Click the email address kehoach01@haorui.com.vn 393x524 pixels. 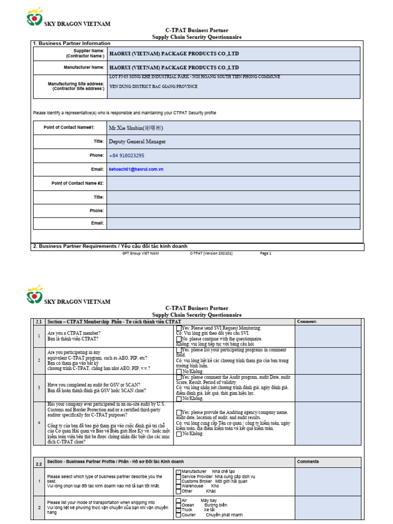point(136,169)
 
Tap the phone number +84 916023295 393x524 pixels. point(126,155)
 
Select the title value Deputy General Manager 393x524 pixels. point(137,141)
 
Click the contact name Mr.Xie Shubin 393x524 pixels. point(136,127)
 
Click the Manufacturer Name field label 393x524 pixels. point(84,67)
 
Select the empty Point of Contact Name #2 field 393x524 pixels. point(233,183)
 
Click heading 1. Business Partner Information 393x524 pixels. point(72,43)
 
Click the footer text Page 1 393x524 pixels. point(266,253)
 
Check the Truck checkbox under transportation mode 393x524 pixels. point(178,510)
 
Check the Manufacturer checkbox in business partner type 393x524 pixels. point(178,471)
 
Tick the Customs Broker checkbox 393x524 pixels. point(178,482)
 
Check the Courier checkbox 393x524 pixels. point(178,515)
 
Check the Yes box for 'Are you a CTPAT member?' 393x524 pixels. point(178,328)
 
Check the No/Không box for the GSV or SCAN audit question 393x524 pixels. point(178,399)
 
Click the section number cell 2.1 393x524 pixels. point(38,321)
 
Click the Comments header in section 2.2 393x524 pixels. point(308,462)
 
